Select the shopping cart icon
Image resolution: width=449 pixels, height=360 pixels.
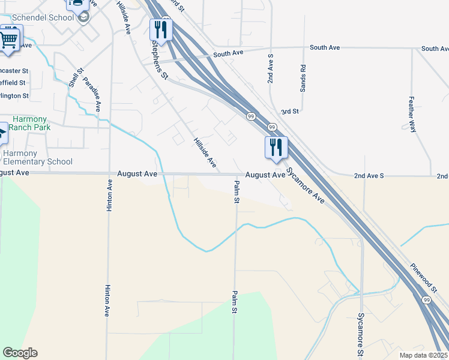click(9, 40)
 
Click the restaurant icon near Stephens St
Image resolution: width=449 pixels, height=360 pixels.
click(161, 29)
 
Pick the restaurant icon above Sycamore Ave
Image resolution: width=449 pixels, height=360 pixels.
click(276, 148)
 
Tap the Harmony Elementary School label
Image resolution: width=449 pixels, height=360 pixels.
click(37, 157)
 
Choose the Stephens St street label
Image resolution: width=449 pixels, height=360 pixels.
click(160, 60)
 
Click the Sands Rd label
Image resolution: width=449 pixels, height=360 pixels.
click(303, 78)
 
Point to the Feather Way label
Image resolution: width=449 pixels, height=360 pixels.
click(412, 113)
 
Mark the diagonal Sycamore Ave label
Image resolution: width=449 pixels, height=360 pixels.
click(306, 185)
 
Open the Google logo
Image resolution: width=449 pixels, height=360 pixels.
click(20, 353)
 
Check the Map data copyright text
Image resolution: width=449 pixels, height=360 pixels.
click(423, 355)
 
